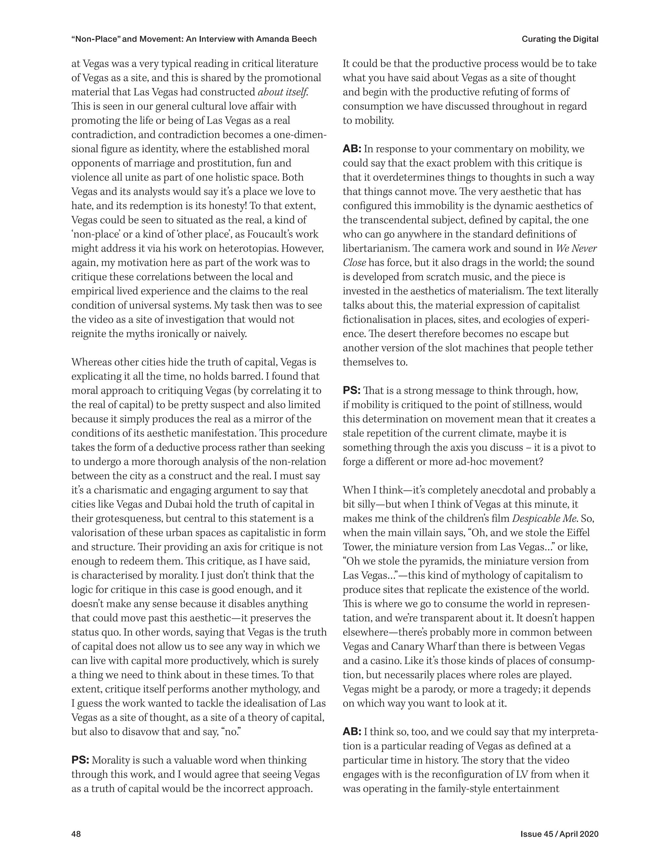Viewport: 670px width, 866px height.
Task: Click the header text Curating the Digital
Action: point(560,39)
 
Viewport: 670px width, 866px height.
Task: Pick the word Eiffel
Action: point(577,533)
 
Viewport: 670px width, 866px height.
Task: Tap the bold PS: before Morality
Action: point(80,760)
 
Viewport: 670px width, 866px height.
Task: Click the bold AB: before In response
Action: point(352,149)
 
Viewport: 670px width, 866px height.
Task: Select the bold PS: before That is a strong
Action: point(351,391)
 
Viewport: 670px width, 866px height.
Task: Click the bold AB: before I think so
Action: point(352,732)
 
